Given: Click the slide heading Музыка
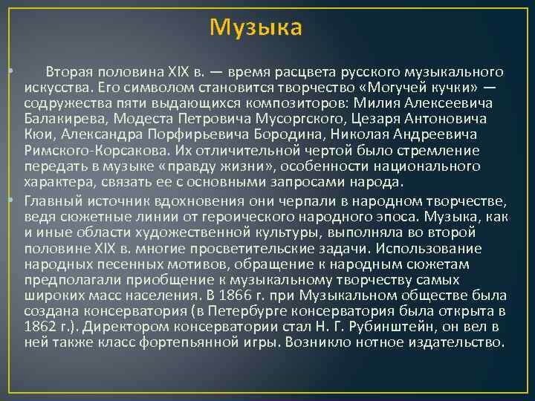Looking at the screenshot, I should click(x=256, y=27).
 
